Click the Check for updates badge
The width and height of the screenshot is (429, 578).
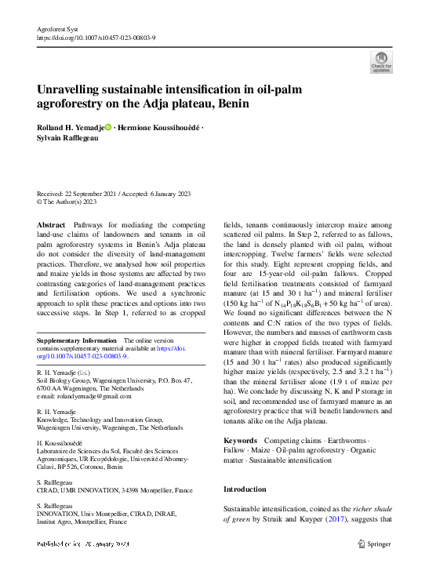click(x=381, y=62)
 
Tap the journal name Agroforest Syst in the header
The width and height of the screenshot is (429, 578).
click(x=59, y=28)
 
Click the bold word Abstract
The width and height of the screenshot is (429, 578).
click(x=52, y=225)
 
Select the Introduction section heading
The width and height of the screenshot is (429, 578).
click(x=245, y=489)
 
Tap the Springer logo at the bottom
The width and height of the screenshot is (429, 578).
click(x=376, y=543)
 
